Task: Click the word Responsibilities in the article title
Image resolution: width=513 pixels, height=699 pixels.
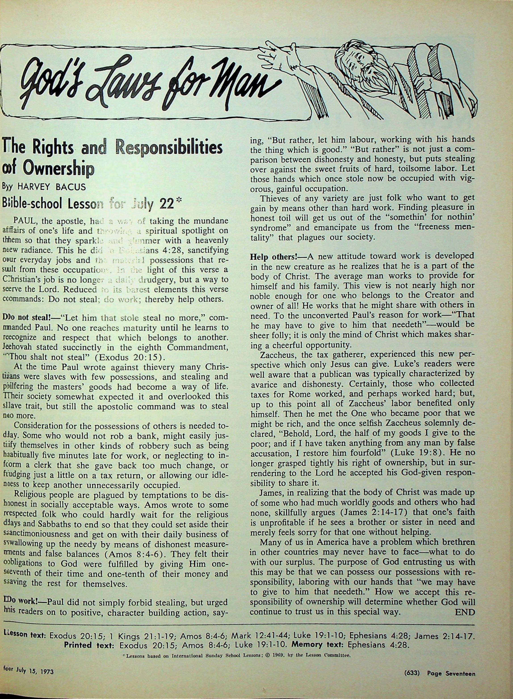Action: point(169,148)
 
